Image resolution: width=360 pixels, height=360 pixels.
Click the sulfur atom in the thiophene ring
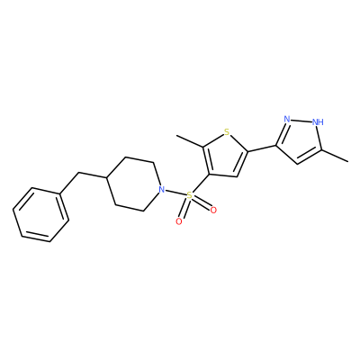227,131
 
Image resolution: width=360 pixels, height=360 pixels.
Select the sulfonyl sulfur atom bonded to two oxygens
189,196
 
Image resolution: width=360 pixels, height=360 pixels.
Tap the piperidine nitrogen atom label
162,190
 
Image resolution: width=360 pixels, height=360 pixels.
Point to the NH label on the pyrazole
318,121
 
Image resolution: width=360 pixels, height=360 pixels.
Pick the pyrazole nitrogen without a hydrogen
287,119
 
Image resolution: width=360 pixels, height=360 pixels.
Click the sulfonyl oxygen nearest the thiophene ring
213,211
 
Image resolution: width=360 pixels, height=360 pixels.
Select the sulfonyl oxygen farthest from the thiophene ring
179,221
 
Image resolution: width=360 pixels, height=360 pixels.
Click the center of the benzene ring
40,215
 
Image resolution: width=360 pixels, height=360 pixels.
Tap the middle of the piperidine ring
134,184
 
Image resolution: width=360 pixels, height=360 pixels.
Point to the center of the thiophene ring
225,157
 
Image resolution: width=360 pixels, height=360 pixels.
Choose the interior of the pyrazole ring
301,140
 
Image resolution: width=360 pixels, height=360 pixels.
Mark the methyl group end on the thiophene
177,136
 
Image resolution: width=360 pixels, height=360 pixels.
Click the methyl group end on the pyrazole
348,162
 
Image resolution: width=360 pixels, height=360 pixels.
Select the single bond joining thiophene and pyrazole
262,148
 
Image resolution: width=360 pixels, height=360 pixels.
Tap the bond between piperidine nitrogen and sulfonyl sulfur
175,193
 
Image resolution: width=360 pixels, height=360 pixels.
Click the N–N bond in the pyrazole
301,121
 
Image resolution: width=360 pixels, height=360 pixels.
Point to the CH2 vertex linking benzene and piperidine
78,173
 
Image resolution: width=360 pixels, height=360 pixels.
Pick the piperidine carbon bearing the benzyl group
106,177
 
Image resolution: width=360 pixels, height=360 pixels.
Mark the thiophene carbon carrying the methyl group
203,147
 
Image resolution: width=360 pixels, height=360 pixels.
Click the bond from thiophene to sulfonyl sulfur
201,184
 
